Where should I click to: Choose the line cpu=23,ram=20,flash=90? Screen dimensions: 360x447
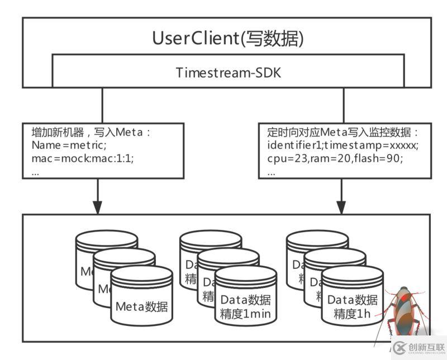(335, 159)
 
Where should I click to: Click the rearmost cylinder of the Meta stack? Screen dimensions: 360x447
(106, 239)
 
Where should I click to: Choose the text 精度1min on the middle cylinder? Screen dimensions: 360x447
(246, 314)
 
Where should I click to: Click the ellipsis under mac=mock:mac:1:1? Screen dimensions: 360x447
(36, 172)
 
